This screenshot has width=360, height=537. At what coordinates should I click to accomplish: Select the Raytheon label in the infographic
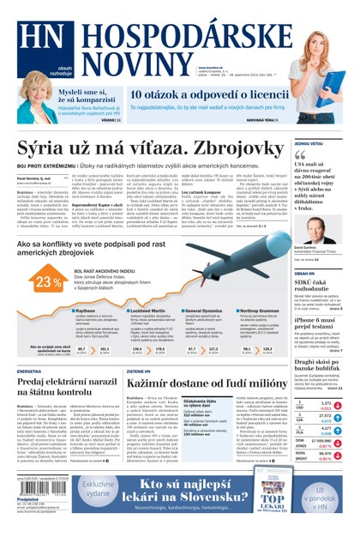87,311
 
